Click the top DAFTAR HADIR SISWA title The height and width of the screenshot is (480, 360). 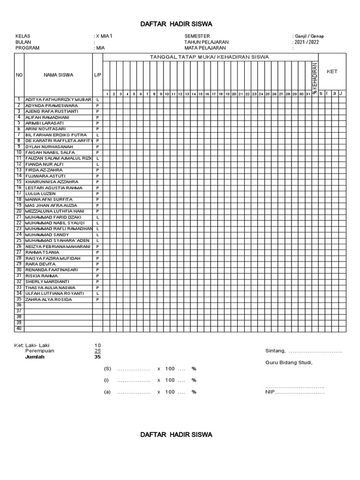[176, 24]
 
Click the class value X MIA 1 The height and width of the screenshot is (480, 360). [105, 36]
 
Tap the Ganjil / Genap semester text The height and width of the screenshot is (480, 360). [309, 36]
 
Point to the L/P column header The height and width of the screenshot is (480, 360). [97, 75]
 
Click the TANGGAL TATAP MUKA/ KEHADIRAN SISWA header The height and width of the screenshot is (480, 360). [209, 57]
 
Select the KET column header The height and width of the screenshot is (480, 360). [332, 72]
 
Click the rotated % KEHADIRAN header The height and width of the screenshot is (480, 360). [315, 77]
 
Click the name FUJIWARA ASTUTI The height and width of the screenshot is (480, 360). [45, 176]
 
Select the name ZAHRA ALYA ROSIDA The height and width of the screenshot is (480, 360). [49, 299]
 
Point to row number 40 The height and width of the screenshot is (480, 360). [19, 329]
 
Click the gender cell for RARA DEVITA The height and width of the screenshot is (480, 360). [97, 264]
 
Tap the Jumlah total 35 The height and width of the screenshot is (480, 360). [97, 357]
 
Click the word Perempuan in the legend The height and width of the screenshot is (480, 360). [40, 351]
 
